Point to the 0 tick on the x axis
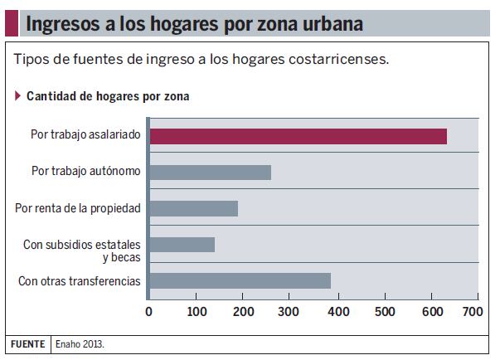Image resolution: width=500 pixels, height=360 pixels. tap(148, 313)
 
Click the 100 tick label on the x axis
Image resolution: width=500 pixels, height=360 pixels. tap(197, 313)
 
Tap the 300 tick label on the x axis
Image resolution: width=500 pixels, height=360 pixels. tap(290, 313)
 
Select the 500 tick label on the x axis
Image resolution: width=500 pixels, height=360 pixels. tap(384, 313)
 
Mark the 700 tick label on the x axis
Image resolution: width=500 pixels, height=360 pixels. tap(471, 313)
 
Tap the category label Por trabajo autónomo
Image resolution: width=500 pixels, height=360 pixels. tap(86, 172)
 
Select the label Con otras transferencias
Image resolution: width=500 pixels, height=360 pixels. tap(80, 281)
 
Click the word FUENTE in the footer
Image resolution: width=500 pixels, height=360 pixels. tap(27, 343)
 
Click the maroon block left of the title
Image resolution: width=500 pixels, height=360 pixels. tap(12, 22)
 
